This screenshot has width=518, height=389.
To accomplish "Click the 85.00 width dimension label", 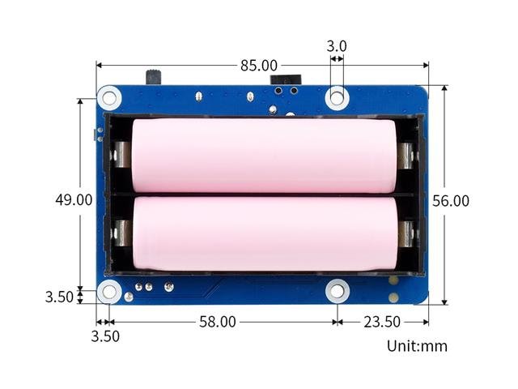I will point(258,65).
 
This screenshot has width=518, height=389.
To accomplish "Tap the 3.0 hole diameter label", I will point(337,46).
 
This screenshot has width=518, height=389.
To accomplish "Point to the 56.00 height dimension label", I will point(451,201).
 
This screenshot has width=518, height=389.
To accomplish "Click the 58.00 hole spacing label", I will point(218,322).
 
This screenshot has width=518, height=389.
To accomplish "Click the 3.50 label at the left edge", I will point(59,297).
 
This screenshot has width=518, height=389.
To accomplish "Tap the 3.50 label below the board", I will point(105,336).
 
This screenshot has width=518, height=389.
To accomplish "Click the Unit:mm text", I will point(417,346).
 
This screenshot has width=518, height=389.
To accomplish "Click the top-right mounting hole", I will point(338,98).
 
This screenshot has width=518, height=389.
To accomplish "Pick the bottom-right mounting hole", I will point(338,291).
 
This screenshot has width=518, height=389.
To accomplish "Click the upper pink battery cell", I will point(263,156).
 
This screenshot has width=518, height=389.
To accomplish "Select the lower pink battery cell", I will point(263,233).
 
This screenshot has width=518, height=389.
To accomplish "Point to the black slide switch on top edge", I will point(153,79).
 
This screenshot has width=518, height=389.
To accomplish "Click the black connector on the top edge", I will point(284,80).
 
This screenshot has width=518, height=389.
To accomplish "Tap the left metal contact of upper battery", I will point(121,155).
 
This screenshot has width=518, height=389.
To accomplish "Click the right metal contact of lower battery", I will point(406,233).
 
